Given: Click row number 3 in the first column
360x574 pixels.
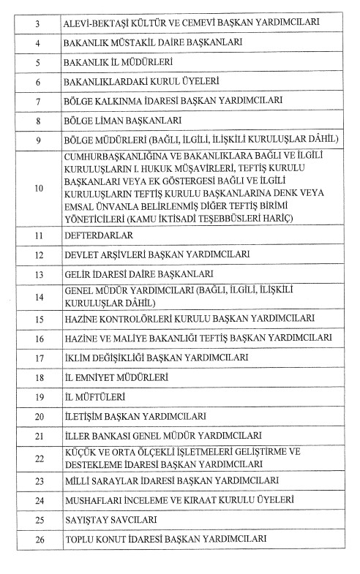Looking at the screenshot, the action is click(37, 23).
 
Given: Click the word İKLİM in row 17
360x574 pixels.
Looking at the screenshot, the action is click(80, 358).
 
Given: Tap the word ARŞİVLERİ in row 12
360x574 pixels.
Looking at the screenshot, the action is click(121, 255).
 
